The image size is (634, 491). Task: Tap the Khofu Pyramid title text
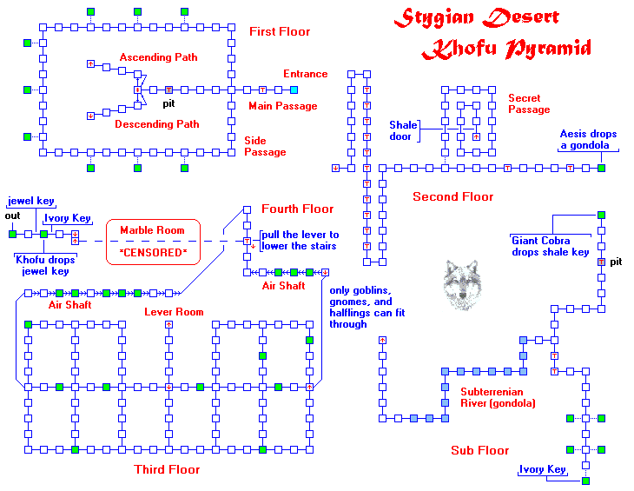pyautogui.click(x=506, y=49)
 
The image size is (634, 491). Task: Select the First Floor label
pyautogui.click(x=279, y=32)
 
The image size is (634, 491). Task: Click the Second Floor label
pyautogui.click(x=452, y=197)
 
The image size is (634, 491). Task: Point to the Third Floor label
pyautogui.click(x=167, y=470)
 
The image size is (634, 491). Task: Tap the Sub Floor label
pyautogui.click(x=479, y=450)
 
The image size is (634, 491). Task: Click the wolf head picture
pyautogui.click(x=461, y=283)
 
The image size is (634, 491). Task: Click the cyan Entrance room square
pyautogui.click(x=294, y=90)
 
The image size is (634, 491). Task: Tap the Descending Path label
pyautogui.click(x=157, y=124)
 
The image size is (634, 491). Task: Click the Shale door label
pyautogui.click(x=403, y=130)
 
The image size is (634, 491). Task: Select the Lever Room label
pyautogui.click(x=174, y=312)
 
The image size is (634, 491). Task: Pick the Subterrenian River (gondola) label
pyautogui.click(x=498, y=397)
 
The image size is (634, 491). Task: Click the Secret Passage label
pyautogui.click(x=529, y=104)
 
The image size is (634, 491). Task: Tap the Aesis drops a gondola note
pyautogui.click(x=588, y=140)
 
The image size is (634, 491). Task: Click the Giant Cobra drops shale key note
pyautogui.click(x=550, y=246)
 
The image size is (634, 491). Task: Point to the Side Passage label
pyautogui.click(x=265, y=146)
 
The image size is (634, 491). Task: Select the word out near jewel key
pyautogui.click(x=12, y=216)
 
